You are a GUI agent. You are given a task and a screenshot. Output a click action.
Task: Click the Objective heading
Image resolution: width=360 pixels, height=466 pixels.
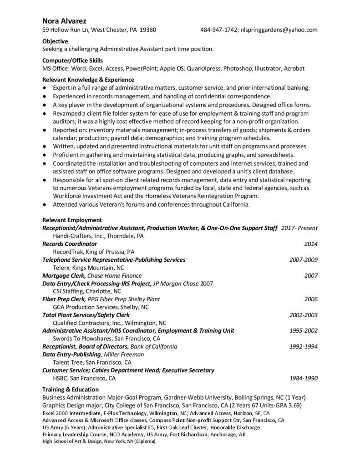55,41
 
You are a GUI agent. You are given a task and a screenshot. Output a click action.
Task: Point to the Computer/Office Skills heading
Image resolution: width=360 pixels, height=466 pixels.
72,60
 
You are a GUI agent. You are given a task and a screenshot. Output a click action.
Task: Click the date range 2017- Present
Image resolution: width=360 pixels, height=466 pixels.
299,228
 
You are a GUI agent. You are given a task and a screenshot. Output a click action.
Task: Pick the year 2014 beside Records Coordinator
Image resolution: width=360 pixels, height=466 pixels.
310,244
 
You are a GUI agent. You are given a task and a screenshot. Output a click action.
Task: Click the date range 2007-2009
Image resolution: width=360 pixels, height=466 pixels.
303,260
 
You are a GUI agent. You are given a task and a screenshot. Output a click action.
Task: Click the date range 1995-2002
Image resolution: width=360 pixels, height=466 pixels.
303,330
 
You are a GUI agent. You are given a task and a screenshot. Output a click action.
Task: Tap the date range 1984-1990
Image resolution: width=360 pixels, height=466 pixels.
303,378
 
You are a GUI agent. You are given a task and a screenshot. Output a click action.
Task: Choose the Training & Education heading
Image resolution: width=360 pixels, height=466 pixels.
70,390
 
